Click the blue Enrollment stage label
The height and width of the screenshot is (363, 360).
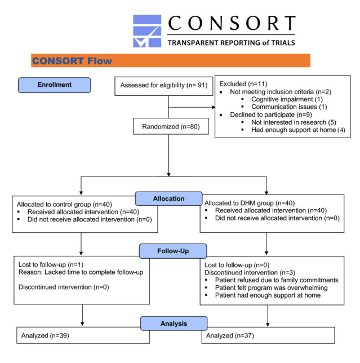coord(54,85)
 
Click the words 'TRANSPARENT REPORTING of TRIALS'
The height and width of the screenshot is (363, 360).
coord(231,42)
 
